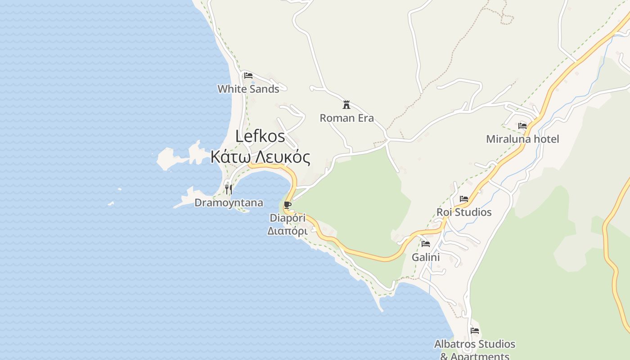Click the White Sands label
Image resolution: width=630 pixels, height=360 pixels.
pos(248,89)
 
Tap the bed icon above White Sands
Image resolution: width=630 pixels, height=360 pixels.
pos(248,76)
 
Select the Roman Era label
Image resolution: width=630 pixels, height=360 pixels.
pos(346,118)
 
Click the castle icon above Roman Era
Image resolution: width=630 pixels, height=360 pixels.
pos(346,105)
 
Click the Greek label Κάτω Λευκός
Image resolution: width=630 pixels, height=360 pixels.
pos(261,157)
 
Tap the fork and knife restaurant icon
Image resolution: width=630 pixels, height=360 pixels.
pos(229,189)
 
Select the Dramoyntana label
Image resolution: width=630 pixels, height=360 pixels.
pos(229,203)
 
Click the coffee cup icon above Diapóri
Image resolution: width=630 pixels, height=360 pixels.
pos(288,206)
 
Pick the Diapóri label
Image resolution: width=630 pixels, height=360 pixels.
pos(288,218)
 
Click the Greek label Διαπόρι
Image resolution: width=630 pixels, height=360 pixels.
pos(288,231)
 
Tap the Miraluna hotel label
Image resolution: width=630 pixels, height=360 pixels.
pos(522,139)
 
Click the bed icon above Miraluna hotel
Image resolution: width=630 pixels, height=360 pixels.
pos(522,126)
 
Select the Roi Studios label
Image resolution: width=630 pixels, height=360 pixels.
pos(464,212)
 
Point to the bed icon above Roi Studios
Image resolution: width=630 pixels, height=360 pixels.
pos(464,199)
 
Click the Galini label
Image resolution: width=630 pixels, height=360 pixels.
pos(426,257)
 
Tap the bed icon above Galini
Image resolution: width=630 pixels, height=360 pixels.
pos(426,244)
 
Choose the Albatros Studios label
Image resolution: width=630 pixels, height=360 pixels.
pos(475,344)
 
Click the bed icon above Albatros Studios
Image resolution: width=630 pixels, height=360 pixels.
pos(475,331)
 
